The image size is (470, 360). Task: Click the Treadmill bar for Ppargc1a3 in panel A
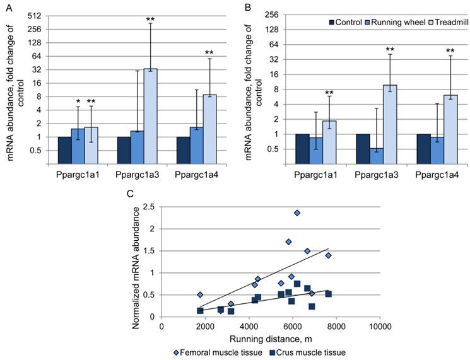(x=150, y=116)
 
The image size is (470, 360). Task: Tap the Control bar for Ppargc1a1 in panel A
(x=64, y=150)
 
